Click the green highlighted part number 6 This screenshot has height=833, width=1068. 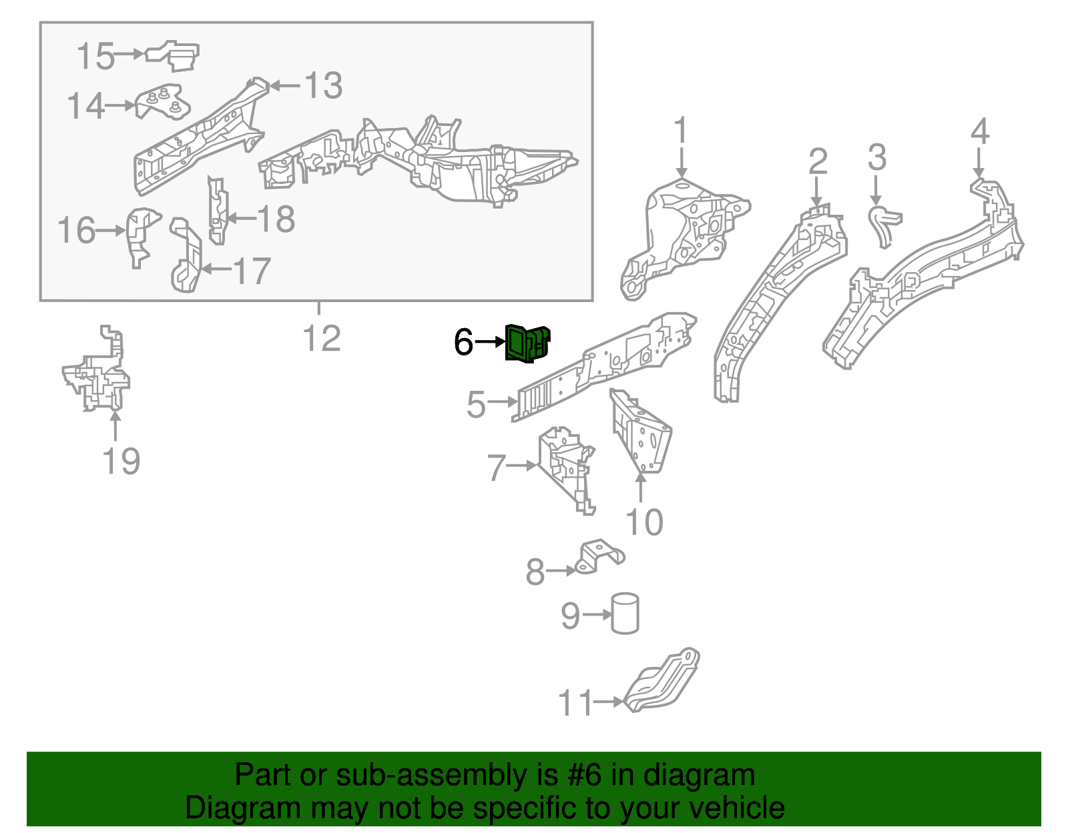tap(527, 343)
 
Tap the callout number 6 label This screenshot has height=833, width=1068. tap(463, 341)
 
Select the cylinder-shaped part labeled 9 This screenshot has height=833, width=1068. tap(625, 614)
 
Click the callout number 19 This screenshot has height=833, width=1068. tap(121, 461)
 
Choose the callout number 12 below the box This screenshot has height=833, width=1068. tap(322, 338)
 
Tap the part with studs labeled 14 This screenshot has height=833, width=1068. tap(163, 102)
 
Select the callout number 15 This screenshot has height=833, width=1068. tap(95, 55)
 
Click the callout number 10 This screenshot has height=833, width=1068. tap(644, 522)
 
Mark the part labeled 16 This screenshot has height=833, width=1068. tap(142, 237)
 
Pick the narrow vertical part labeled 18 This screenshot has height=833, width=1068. tap(217, 211)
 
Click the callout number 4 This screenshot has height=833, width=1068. tap(979, 131)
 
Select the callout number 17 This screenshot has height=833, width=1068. tap(251, 271)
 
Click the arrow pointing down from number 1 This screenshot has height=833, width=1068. tap(682, 162)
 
